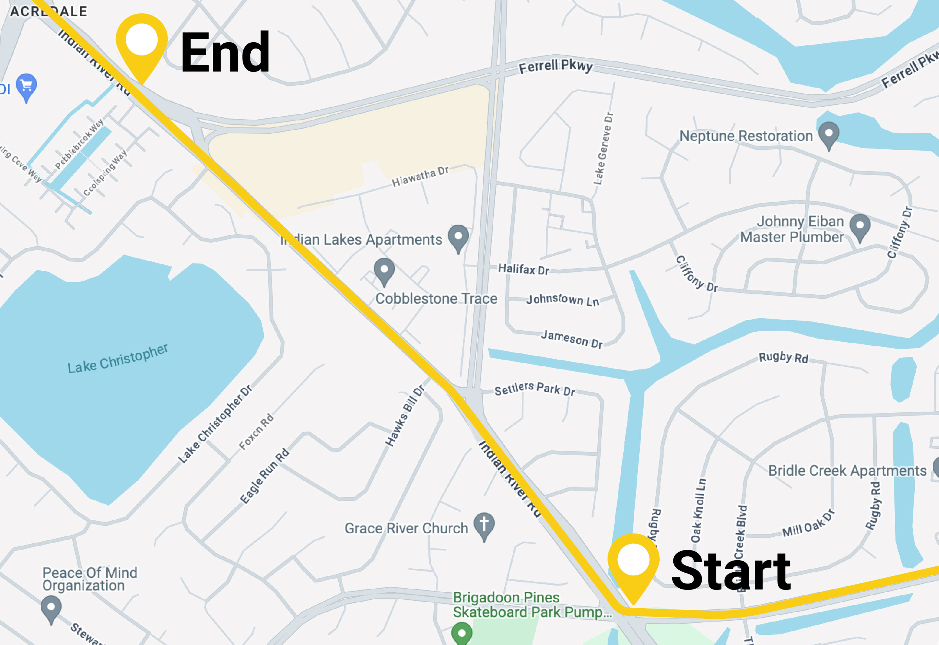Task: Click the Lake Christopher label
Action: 117,359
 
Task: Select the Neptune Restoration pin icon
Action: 829,134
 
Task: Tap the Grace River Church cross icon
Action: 484,525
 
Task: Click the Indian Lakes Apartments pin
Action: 458,237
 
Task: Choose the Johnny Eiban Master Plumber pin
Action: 860,226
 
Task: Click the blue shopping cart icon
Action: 27,86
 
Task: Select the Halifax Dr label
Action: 523,269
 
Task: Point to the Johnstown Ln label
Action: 562,300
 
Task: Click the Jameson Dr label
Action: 571,339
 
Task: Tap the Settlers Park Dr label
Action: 534,389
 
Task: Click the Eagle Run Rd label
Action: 265,476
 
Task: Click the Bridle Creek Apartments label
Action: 847,471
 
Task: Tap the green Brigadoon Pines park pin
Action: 462,632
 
